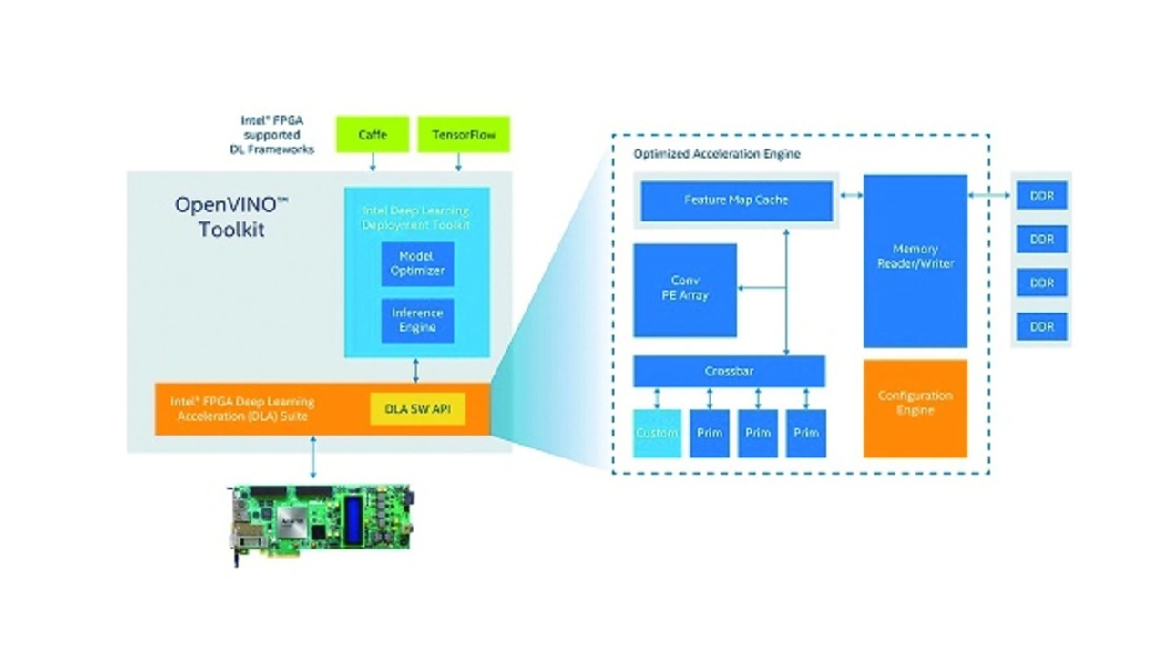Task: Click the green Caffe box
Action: pyautogui.click(x=372, y=134)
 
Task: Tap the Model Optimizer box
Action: pyautogui.click(x=417, y=264)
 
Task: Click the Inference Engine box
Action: pyautogui.click(x=417, y=320)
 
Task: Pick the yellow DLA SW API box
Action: pyautogui.click(x=417, y=410)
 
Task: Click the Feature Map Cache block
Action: pyautogui.click(x=736, y=200)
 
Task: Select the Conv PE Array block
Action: pyautogui.click(x=685, y=289)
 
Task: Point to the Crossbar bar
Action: pyautogui.click(x=729, y=371)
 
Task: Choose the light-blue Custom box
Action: pyautogui.click(x=657, y=433)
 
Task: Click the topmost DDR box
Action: pyautogui.click(x=1041, y=196)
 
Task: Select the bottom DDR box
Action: pyautogui.click(x=1041, y=326)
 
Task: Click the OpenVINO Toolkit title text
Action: pyautogui.click(x=231, y=217)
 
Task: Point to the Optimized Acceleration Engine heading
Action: pyautogui.click(x=717, y=154)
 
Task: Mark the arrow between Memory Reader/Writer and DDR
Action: pyautogui.click(x=990, y=195)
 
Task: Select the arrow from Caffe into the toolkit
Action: pyautogui.click(x=373, y=162)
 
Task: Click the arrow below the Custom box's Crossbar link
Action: pyautogui.click(x=657, y=398)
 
